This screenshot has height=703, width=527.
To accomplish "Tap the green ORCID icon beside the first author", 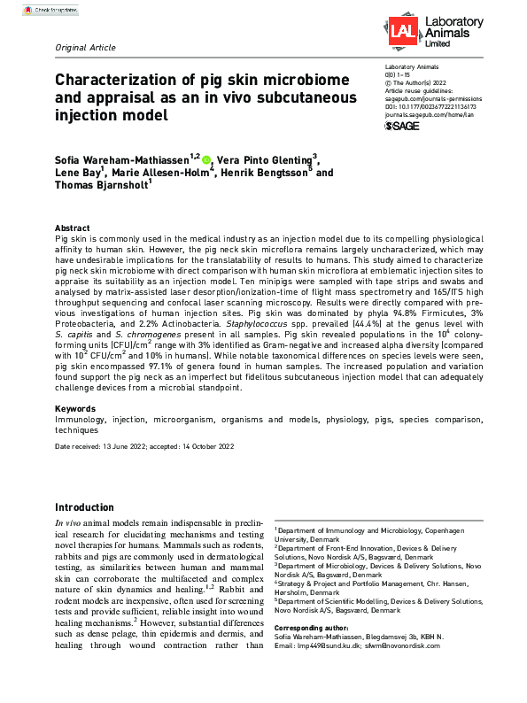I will click(x=206, y=160).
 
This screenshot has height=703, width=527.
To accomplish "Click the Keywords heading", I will click(x=75, y=410).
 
